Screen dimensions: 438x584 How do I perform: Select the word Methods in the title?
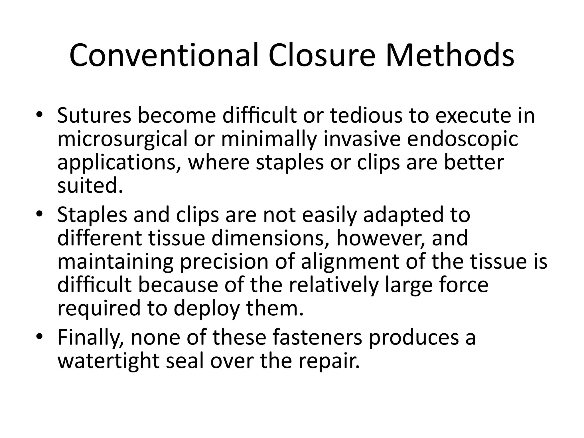click(450, 55)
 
